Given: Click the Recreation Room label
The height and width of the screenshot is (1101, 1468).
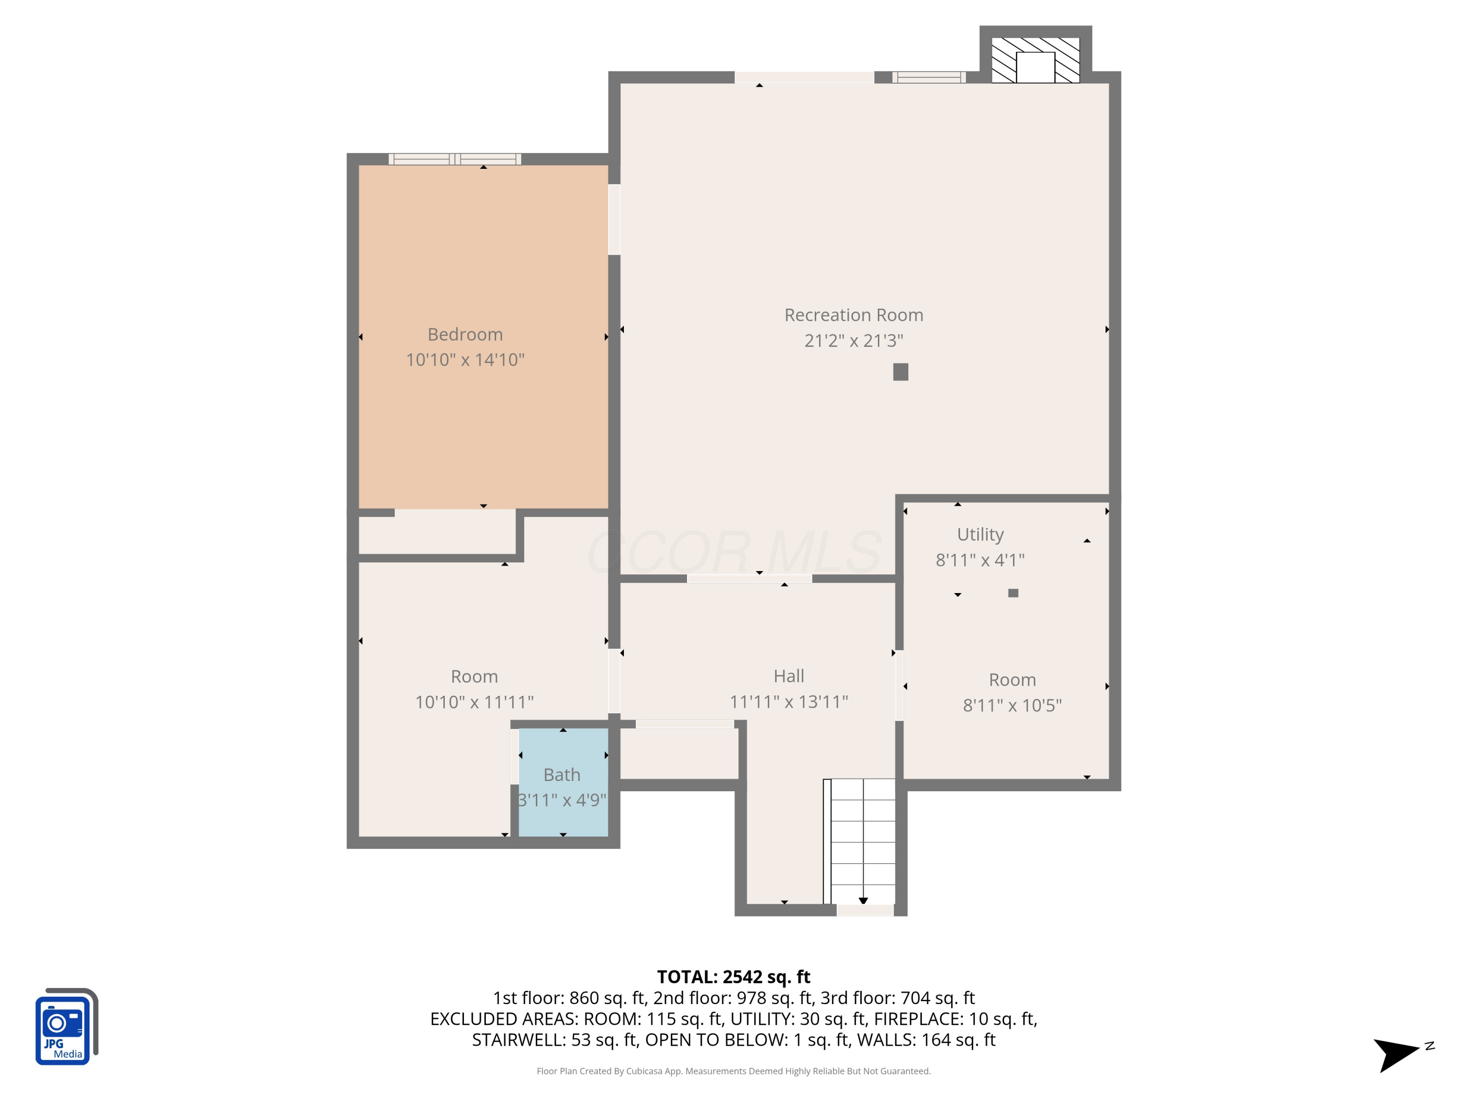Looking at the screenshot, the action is tap(853, 315).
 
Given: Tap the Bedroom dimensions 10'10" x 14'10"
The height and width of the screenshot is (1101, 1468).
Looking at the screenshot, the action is tap(465, 360).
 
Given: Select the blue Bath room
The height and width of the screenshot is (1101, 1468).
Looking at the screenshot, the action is tap(563, 782).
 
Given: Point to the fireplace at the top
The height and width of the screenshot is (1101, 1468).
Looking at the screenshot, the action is tap(1035, 60).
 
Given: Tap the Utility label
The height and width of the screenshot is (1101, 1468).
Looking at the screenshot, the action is tap(980, 535).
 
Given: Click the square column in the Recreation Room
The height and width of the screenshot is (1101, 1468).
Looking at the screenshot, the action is tap(900, 371).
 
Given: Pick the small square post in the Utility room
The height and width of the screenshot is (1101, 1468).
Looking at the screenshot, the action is tap(1013, 593).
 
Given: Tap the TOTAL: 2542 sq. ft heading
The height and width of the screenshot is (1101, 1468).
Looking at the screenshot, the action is tap(734, 977).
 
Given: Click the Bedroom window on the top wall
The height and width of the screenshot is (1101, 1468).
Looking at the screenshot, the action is tap(455, 159).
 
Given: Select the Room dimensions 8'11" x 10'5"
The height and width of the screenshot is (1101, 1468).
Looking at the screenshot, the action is tap(1012, 706).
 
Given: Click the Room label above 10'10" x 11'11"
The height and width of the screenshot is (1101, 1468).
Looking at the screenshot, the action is tap(474, 676).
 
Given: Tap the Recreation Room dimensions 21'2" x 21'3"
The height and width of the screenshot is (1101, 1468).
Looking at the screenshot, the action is tap(853, 341).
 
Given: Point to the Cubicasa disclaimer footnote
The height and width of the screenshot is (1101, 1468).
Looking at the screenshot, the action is tap(734, 1071).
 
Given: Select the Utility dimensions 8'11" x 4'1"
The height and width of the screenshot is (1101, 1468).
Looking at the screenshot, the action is tap(980, 560).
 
